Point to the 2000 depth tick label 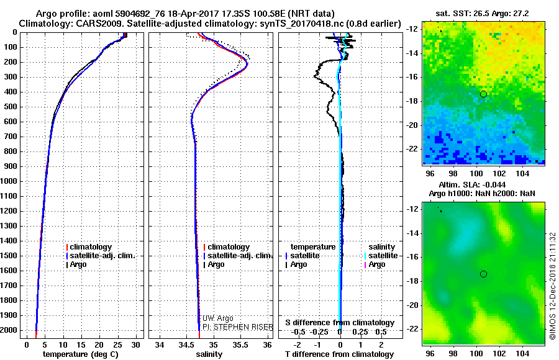click(x=10, y=330)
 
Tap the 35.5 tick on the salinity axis click(x=240, y=344)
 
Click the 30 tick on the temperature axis click(x=135, y=344)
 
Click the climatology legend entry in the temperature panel click(x=91, y=247)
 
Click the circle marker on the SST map click(x=483, y=94)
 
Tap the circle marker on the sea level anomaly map click(x=483, y=274)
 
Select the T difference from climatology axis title click(x=339, y=354)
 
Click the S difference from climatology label click(x=339, y=323)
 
